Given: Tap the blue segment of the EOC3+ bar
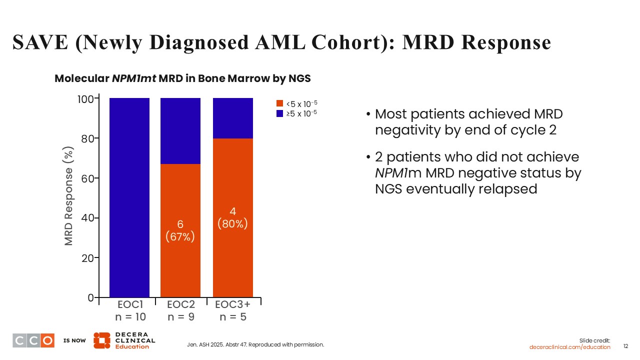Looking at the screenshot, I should click(232, 118).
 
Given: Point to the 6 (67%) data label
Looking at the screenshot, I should click(180, 231).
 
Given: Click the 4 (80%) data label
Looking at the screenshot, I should click(232, 218).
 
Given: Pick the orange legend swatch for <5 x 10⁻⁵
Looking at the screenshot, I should click(280, 103).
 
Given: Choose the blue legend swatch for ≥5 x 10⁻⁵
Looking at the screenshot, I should click(280, 113).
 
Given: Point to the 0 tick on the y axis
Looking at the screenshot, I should click(91, 297).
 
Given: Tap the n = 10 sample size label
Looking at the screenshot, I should click(129, 317).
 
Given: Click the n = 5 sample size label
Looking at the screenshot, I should click(232, 317).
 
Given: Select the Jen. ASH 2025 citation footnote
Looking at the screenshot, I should click(255, 344).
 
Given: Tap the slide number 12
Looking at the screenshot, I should click(625, 346).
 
